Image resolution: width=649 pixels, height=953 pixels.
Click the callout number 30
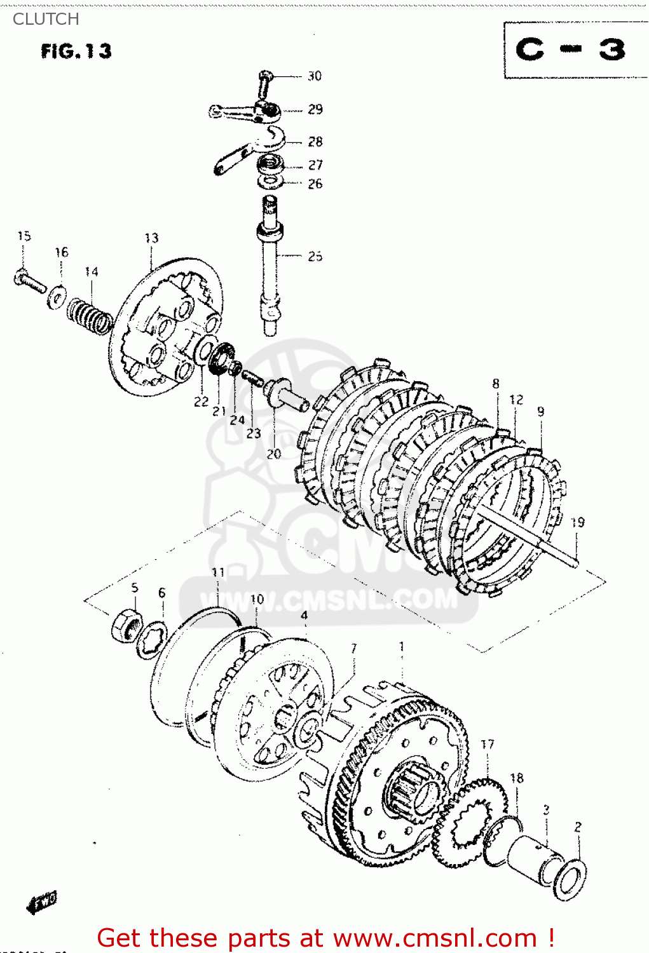click(x=315, y=76)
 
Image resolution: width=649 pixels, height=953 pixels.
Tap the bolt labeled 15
click(x=29, y=281)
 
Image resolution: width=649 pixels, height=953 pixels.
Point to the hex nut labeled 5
click(x=127, y=625)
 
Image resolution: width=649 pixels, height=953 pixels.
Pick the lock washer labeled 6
click(x=152, y=640)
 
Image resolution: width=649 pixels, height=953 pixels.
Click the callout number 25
click(x=315, y=256)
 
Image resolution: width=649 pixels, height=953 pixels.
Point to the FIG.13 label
click(x=76, y=51)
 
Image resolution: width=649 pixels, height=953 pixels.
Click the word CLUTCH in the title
click(x=46, y=19)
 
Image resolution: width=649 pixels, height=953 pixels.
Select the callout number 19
click(x=577, y=523)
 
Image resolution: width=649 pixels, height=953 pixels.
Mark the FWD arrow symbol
click(x=42, y=902)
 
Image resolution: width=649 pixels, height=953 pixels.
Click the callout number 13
click(x=151, y=238)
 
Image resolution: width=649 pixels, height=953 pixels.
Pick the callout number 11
click(x=218, y=572)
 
